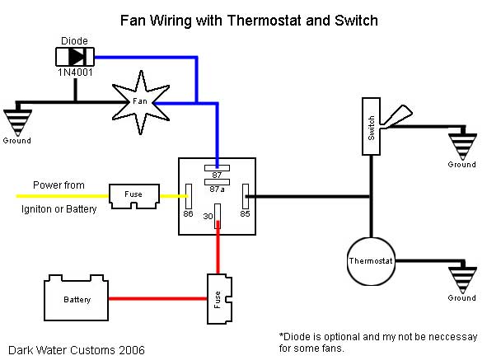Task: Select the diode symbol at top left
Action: pyautogui.click(x=74, y=57)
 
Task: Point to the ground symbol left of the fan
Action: pyautogui.click(x=17, y=120)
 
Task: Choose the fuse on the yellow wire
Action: pyautogui.click(x=133, y=196)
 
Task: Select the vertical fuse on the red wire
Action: pyautogui.click(x=217, y=297)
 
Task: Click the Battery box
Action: pyautogui.click(x=76, y=298)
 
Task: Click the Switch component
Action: pyautogui.click(x=372, y=125)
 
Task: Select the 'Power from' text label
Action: pyautogui.click(x=59, y=185)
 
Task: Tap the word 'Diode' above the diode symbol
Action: pyautogui.click(x=75, y=40)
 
